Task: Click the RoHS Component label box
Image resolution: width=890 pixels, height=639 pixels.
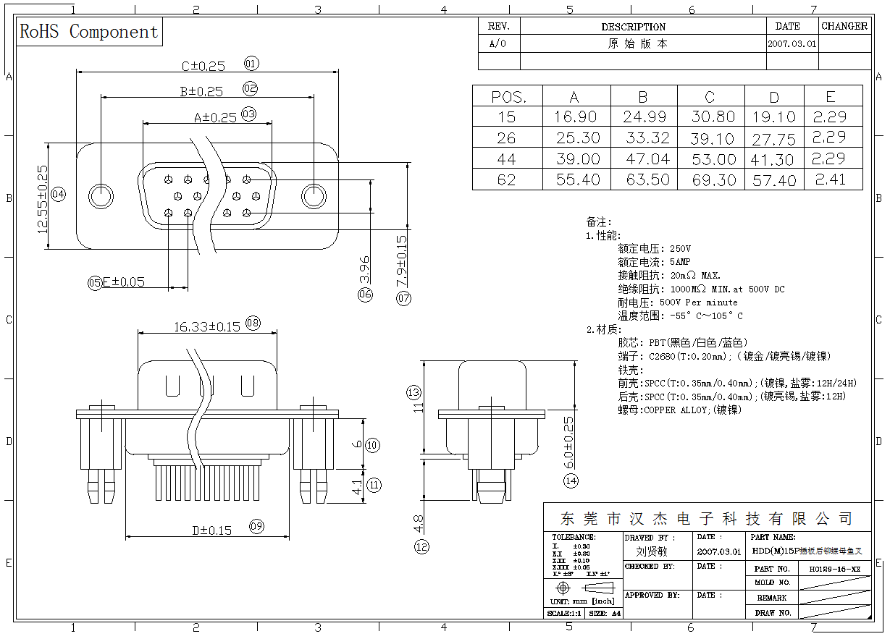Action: (x=89, y=32)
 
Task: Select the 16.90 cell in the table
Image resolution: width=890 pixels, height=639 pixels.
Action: (x=576, y=117)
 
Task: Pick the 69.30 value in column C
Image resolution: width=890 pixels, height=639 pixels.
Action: (x=713, y=180)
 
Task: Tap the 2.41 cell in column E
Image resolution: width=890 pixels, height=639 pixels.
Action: (x=830, y=179)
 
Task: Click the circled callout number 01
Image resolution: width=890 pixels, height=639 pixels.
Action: (x=251, y=64)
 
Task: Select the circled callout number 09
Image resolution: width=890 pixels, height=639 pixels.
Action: (x=256, y=527)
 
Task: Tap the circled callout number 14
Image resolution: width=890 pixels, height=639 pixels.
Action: (x=571, y=481)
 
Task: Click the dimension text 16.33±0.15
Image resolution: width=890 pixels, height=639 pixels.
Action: (x=206, y=327)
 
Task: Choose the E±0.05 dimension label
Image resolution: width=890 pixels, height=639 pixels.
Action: (x=123, y=282)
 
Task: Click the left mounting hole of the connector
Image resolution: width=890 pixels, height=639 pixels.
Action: (x=101, y=197)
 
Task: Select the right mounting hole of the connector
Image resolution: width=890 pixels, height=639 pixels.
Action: (x=314, y=197)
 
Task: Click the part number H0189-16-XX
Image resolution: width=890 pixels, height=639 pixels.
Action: (x=834, y=570)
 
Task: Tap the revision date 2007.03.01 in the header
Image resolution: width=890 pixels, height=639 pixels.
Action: (x=792, y=43)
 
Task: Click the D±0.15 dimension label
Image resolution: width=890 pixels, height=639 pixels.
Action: (x=211, y=530)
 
